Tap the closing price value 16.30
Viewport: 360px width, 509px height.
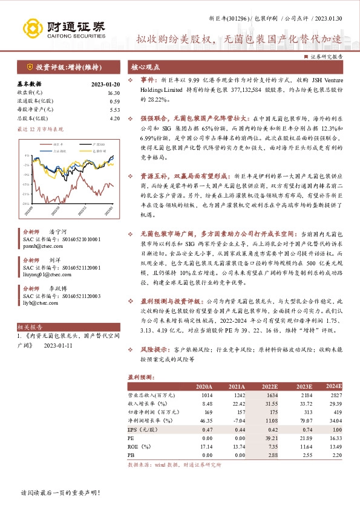(114, 93)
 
